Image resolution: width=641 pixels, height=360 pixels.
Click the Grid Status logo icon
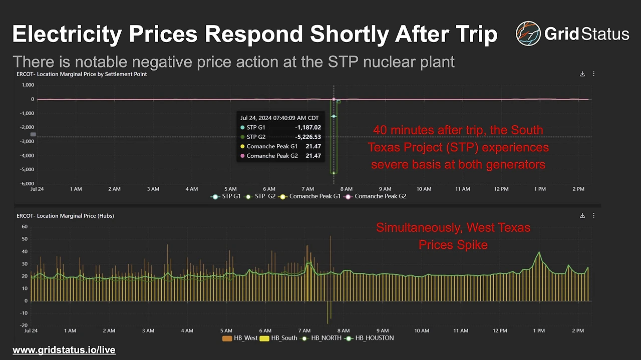coord(528,34)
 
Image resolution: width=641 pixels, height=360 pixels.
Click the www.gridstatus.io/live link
coord(64,350)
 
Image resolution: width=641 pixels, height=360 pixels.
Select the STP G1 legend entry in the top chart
coord(228,196)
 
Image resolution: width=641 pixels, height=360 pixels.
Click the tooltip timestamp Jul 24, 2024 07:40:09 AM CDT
coord(280,118)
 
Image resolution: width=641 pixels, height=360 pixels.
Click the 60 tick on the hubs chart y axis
coord(25,227)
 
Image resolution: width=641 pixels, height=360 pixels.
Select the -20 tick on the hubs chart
coord(23,325)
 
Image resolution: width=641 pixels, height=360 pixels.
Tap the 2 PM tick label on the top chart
coord(578,189)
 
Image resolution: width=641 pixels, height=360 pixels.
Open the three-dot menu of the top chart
coord(594,74)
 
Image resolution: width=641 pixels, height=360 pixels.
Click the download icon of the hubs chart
coord(582,216)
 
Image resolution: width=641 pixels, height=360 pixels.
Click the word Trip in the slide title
coord(472,34)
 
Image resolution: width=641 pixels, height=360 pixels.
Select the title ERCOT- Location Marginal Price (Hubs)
coord(65,216)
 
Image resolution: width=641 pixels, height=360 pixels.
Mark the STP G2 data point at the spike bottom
coord(334,173)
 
